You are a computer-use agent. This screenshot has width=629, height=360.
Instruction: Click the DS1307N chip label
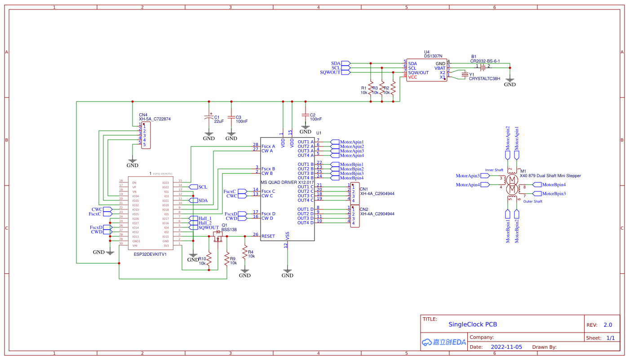tap(433, 57)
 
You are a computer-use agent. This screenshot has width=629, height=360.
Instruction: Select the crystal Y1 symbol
tap(465, 75)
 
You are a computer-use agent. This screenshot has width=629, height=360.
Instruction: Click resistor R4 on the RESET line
tap(244, 253)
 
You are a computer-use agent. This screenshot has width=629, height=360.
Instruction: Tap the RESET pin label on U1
tap(268, 236)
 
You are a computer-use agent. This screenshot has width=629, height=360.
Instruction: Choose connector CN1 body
tap(355, 193)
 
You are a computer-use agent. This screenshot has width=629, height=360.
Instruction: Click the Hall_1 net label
tap(205, 218)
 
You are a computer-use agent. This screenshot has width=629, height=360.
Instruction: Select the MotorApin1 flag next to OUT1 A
tap(351, 142)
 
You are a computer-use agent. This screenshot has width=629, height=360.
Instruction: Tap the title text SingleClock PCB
tap(473, 324)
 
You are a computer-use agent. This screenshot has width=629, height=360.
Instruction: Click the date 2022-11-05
tap(506, 347)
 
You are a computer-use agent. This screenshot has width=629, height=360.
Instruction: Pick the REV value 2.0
tap(607, 325)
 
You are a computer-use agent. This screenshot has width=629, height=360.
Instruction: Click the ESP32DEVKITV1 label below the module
tap(150, 254)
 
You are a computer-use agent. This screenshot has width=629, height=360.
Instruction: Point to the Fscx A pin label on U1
tap(268, 147)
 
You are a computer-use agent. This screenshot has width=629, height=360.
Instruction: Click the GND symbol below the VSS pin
tap(288, 273)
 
